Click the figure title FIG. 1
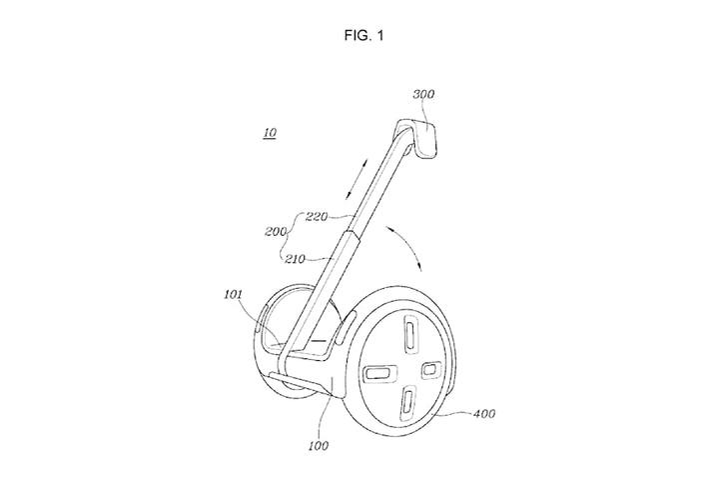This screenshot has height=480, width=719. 363,35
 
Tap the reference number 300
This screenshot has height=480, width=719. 423,94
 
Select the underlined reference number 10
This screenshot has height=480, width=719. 270,133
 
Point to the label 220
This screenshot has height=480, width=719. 317,216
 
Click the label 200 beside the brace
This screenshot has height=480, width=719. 276,232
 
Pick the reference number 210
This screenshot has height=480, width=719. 295,259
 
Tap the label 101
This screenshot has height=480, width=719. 233,294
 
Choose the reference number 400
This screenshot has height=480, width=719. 484,414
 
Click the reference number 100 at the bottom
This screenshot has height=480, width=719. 319,446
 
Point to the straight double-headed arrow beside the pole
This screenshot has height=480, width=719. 357,179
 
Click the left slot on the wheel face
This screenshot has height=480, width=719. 379,373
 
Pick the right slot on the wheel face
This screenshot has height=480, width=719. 431,370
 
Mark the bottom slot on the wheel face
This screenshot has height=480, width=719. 407,404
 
